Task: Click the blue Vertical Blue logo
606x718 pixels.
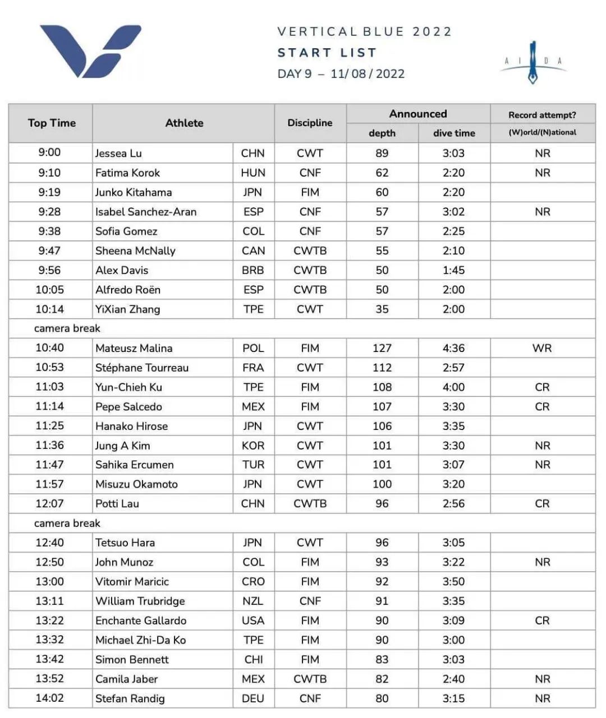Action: pos(90,50)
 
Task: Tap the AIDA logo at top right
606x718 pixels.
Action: pos(532,62)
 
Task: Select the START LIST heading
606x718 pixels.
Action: pos(327,53)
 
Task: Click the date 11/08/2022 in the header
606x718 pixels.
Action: pos(368,73)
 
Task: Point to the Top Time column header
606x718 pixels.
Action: pos(52,123)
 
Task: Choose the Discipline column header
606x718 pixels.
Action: pos(310,123)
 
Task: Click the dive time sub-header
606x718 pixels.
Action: pos(454,133)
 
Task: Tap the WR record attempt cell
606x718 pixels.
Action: pos(542,348)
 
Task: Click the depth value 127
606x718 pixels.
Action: pos(382,348)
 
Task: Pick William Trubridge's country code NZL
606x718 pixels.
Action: pos(253,601)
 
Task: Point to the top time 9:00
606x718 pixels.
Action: pos(49,152)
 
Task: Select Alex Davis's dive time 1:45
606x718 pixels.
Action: pos(453,270)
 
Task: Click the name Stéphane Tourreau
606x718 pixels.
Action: pos(142,368)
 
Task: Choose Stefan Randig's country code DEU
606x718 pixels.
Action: pos(253,698)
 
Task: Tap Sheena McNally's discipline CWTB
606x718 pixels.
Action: pos(310,251)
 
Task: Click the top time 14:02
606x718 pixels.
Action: pos(49,698)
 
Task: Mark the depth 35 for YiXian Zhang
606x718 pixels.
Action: pos(382,309)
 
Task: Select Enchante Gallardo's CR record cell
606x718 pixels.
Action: pos(542,620)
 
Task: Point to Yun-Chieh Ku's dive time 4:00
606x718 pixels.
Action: pos(453,387)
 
